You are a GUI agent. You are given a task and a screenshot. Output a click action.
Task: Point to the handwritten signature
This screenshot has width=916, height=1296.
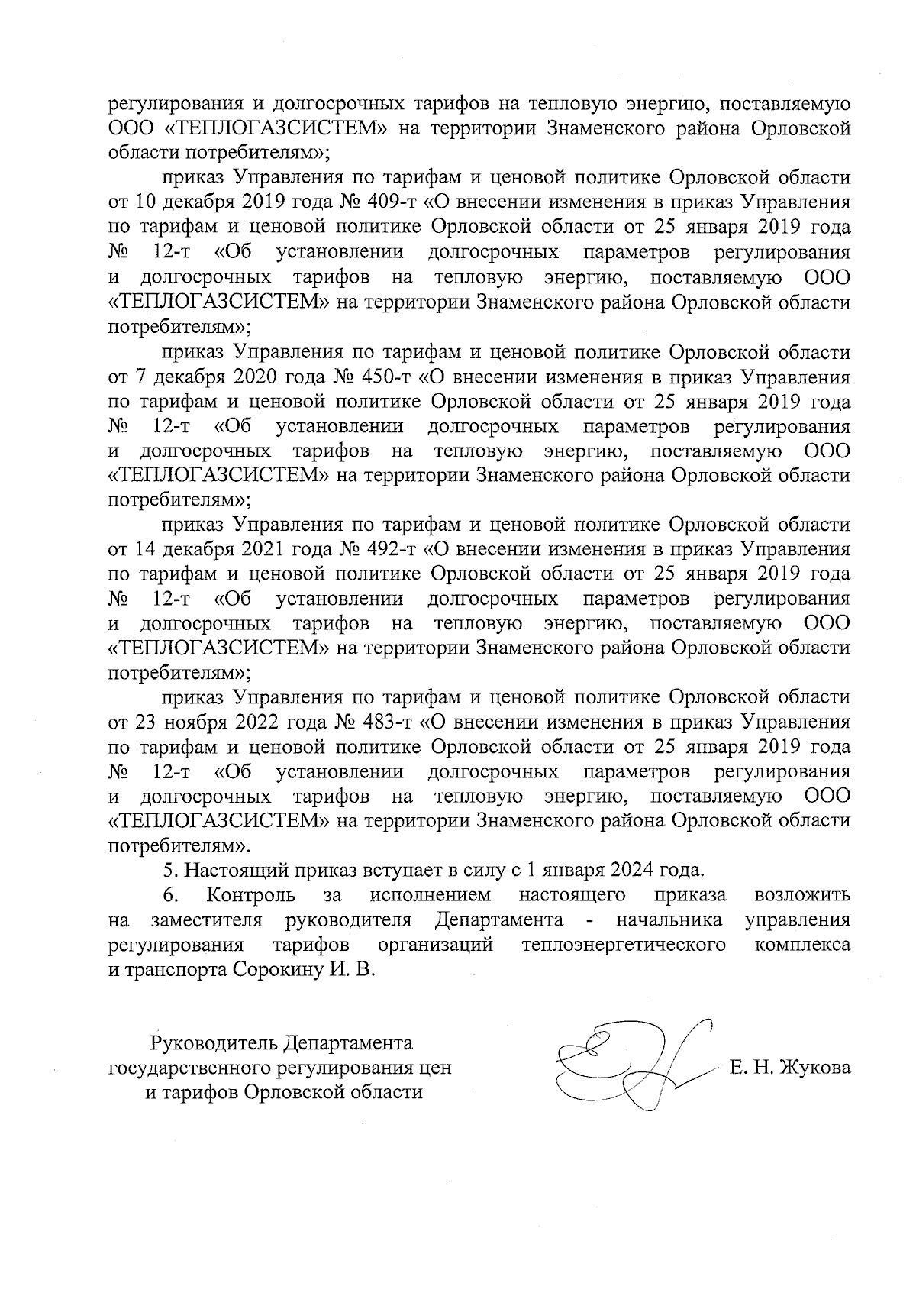coord(634,1067)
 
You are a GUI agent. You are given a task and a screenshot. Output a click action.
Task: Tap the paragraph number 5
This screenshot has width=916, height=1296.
coord(170,870)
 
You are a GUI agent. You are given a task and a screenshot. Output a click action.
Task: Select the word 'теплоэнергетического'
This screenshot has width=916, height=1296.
coord(622,945)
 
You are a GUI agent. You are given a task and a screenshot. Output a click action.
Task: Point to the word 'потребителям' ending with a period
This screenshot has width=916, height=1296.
coord(175,845)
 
